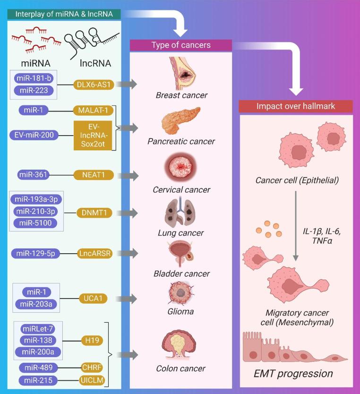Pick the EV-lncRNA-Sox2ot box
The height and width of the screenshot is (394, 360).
point(93,136)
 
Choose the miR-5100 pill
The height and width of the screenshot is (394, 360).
point(36,223)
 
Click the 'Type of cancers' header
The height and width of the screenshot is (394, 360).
point(181,45)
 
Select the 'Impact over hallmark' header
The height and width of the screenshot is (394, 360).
point(295,106)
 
